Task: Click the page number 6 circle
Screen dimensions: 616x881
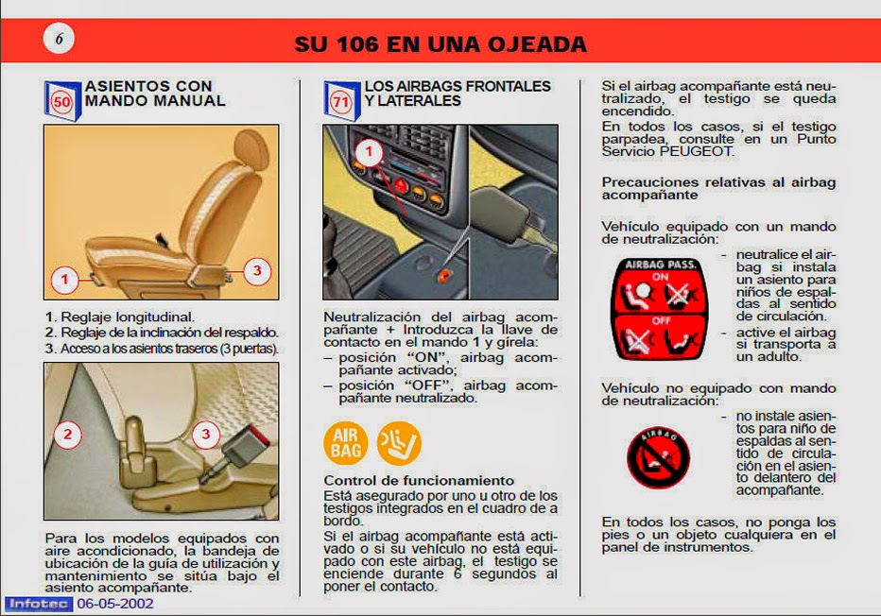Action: coord(59,39)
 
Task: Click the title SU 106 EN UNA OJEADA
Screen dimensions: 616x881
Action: coord(440,44)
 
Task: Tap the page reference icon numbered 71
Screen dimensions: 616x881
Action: coord(341,99)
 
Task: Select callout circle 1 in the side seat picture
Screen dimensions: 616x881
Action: coord(64,279)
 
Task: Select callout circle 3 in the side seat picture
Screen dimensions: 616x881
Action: coord(256,271)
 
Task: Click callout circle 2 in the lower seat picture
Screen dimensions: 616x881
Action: coord(67,435)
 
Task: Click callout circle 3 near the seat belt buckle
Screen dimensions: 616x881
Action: coord(206,435)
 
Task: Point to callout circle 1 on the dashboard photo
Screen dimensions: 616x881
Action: coord(370,151)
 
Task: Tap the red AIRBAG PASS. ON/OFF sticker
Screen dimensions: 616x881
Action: coord(659,309)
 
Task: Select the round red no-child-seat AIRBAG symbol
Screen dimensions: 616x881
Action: coord(659,457)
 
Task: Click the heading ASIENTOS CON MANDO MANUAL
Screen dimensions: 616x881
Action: coord(156,93)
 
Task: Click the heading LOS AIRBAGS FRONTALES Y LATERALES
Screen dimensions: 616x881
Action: coord(458,93)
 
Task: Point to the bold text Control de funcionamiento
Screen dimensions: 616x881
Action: coord(419,481)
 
